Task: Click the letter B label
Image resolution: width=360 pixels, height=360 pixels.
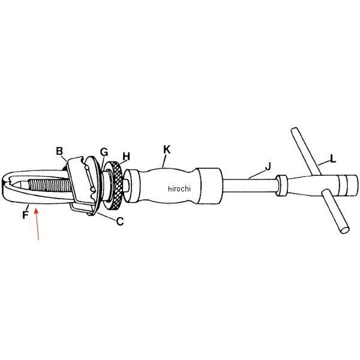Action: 59,151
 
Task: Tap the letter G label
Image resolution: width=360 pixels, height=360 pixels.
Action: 104,152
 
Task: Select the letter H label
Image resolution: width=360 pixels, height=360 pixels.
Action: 126,157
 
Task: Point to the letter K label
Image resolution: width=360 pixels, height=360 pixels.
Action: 167,149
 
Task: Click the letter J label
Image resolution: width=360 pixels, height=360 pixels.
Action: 268,166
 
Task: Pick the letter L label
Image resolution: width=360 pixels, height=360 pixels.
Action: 333,158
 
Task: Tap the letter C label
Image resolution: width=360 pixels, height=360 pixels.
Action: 120,221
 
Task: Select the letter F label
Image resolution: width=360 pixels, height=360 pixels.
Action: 25,215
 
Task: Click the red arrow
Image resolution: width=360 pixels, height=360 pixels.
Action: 37,224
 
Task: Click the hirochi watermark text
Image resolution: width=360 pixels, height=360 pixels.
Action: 179,189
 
